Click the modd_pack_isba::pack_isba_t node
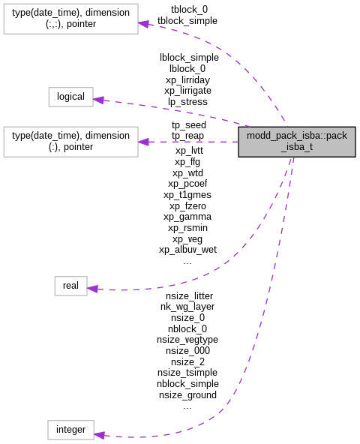[x=296, y=141]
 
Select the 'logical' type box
[x=71, y=97]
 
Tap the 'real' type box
[x=70, y=286]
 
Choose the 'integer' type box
[x=70, y=430]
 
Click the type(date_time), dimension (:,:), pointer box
[x=70, y=18]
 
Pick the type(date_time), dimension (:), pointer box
[x=70, y=142]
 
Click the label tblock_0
[x=189, y=9]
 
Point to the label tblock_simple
[x=187, y=21]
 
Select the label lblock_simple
[x=189, y=57]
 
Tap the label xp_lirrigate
[x=189, y=90]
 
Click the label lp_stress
[x=188, y=101]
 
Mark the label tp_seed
[x=188, y=124]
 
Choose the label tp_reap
[x=188, y=136]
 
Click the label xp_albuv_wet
[x=187, y=249]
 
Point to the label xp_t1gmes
[x=187, y=194]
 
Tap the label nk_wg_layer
[x=187, y=306]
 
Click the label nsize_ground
[x=187, y=394]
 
